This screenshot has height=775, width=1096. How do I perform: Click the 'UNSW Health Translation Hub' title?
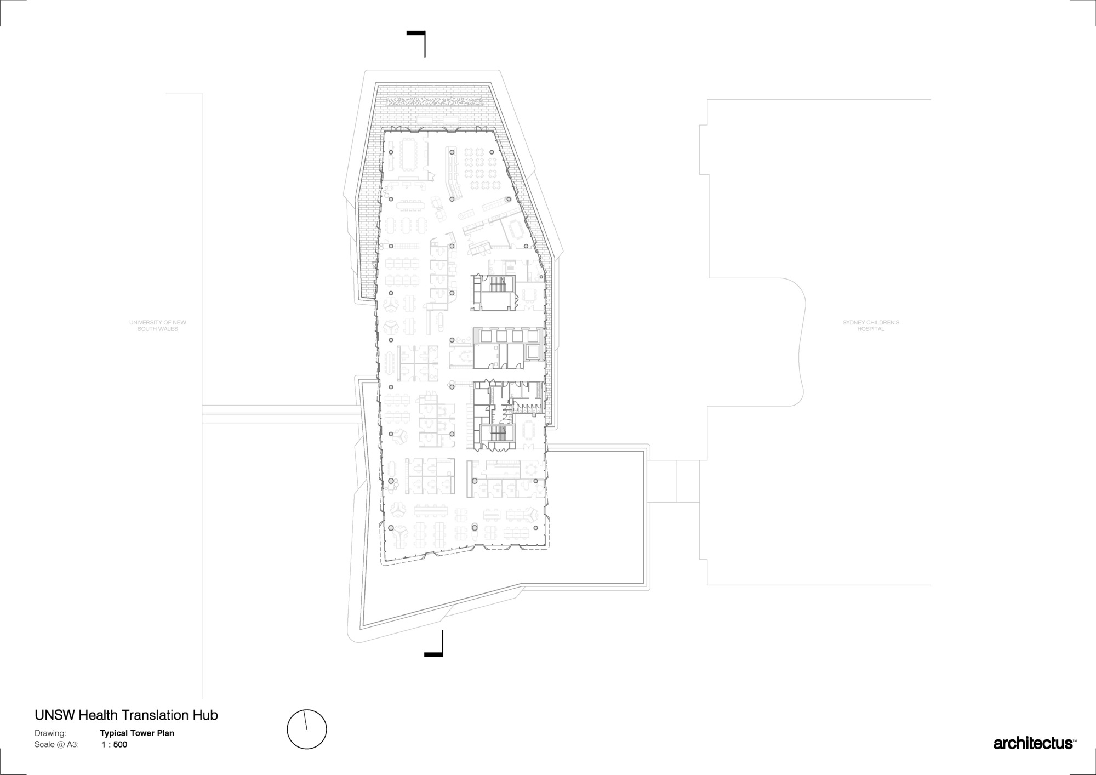point(126,715)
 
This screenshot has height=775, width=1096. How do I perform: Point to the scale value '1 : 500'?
point(115,744)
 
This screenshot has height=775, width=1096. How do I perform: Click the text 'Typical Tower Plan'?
point(137,733)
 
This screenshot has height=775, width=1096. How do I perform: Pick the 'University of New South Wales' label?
point(158,326)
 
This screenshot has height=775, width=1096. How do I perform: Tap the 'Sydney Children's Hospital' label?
point(871,326)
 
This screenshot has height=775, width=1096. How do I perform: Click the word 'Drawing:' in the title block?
point(50,733)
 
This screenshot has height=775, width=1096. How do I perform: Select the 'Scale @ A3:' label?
point(56,744)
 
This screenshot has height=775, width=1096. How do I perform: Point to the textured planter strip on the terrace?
point(436,102)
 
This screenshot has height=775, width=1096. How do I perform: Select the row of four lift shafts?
point(509,335)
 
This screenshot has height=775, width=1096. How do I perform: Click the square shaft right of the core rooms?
point(532,352)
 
